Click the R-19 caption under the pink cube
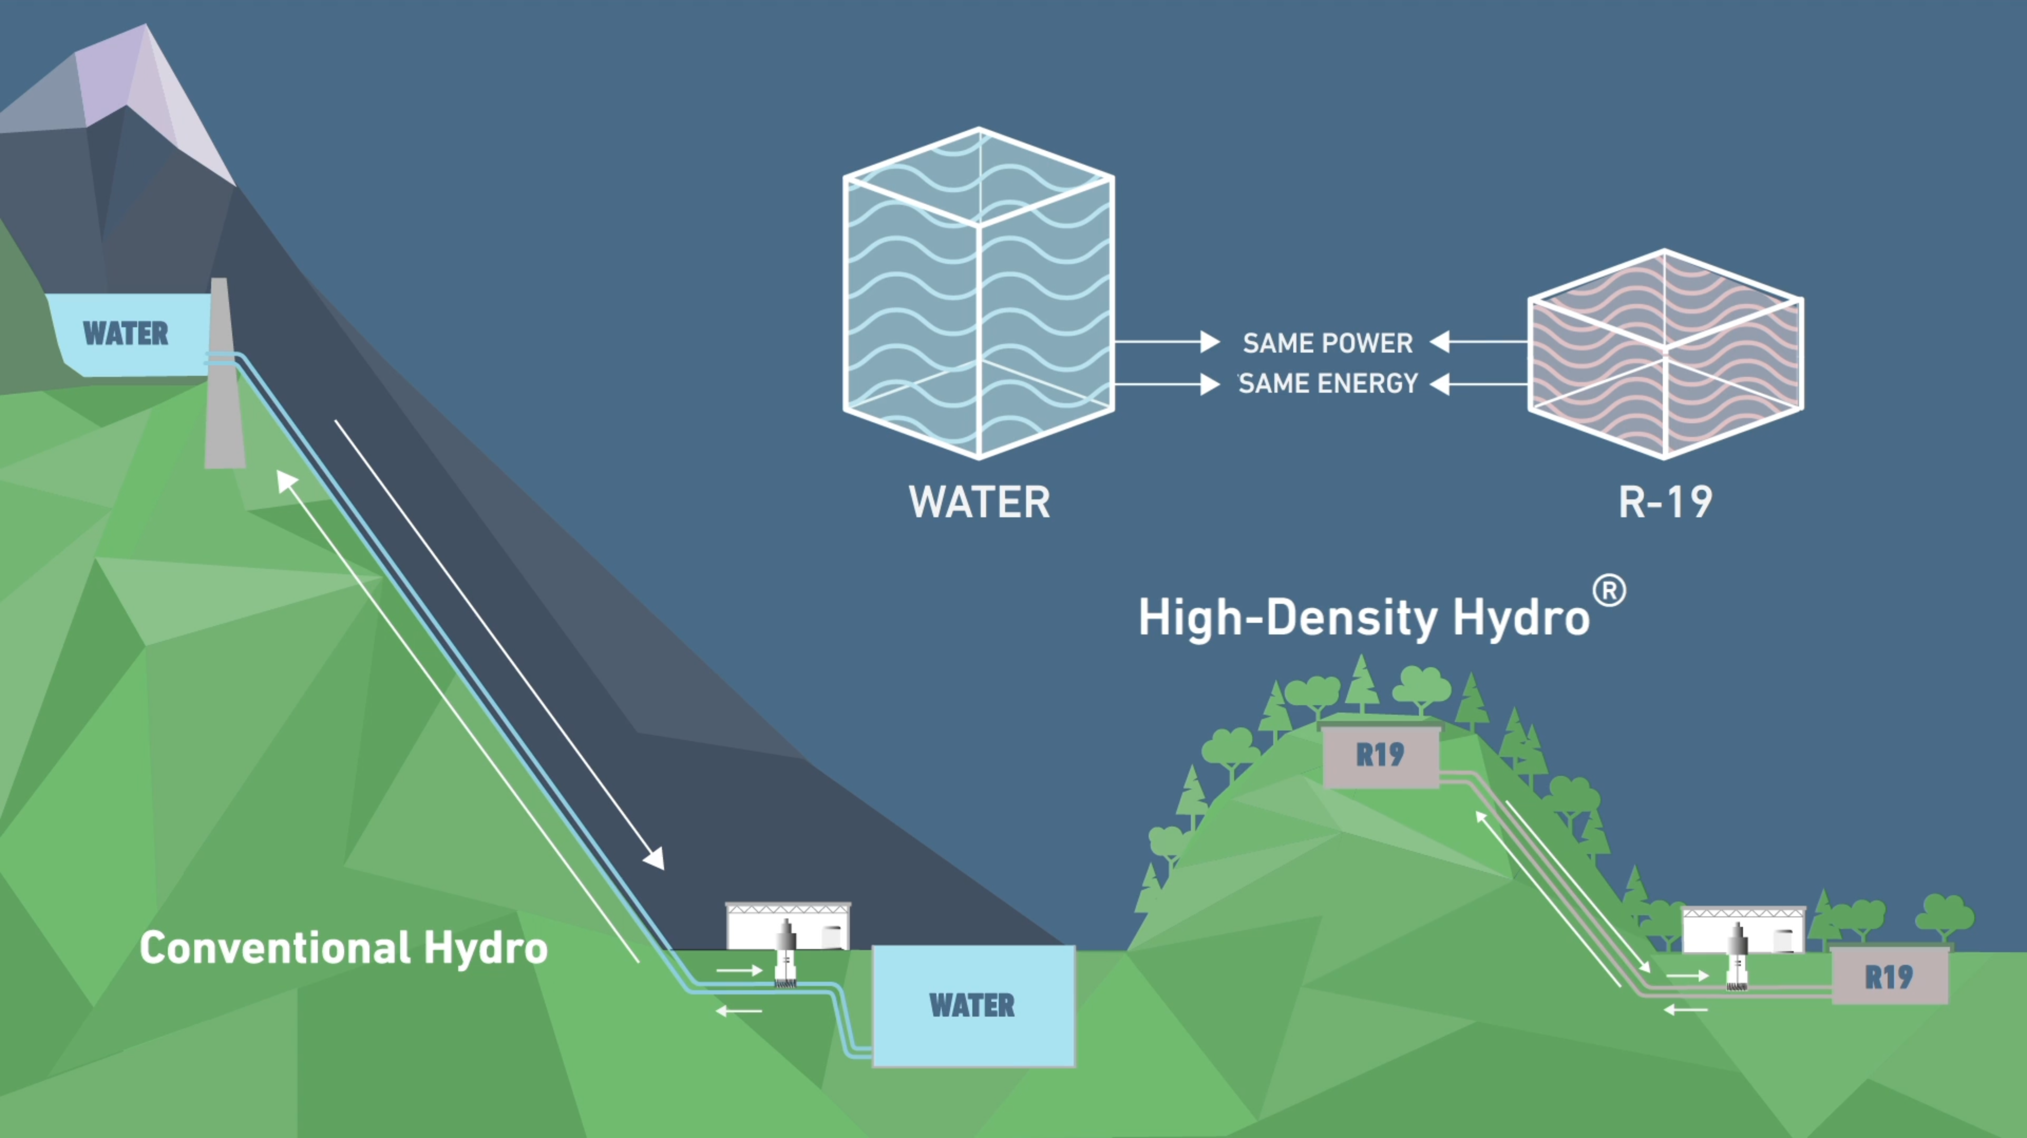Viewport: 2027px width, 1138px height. (1665, 502)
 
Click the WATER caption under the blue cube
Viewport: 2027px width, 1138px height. (979, 502)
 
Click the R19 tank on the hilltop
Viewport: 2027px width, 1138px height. (1380, 755)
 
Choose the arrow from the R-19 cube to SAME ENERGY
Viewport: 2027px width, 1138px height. (1479, 384)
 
